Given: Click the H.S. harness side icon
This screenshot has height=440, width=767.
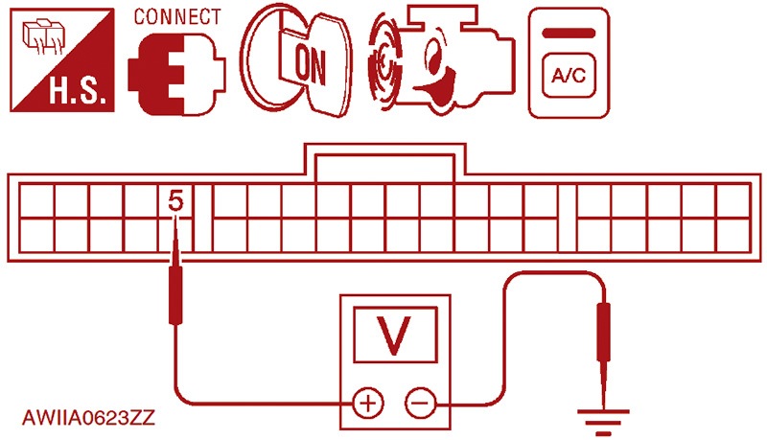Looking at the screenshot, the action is click(62, 59).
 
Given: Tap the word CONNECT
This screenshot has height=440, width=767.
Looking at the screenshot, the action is click(177, 16).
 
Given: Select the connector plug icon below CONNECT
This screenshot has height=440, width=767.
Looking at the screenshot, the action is click(176, 74).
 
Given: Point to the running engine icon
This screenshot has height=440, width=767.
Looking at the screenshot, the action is click(442, 61).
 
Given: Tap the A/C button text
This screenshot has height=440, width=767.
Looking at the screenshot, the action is click(569, 76).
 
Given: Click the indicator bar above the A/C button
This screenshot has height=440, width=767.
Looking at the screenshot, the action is click(569, 34).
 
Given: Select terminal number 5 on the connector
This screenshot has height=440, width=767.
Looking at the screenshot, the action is click(175, 201).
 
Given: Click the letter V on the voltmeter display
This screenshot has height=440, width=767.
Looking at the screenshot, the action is click(394, 336).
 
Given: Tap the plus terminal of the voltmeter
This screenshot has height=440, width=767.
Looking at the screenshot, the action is click(368, 404).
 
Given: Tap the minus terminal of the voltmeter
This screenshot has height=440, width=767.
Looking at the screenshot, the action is click(420, 404).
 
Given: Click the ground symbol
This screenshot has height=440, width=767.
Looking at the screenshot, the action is click(604, 422).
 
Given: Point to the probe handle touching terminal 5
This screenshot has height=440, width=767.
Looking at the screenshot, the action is click(175, 295).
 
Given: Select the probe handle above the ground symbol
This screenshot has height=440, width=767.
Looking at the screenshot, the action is click(604, 333).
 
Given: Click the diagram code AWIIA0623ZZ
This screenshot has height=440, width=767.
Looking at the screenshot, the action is click(88, 418).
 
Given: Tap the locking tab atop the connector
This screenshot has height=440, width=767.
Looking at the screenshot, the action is click(385, 161).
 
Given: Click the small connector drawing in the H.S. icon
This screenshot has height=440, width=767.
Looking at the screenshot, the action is click(44, 36).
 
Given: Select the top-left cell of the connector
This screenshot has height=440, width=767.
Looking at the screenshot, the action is click(36, 200).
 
